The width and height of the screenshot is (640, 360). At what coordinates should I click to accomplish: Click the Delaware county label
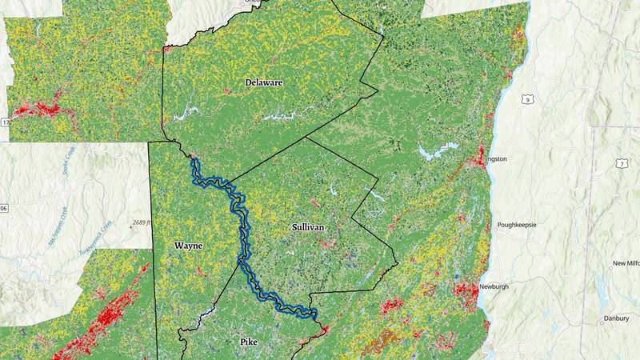point(264,82)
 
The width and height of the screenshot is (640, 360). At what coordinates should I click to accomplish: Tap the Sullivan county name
point(307,227)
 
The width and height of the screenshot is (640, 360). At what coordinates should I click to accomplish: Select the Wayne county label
point(189,246)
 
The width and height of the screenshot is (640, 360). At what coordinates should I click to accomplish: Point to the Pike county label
point(250,342)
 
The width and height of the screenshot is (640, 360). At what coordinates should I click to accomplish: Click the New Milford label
point(626,263)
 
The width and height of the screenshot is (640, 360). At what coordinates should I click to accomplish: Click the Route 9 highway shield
point(526,98)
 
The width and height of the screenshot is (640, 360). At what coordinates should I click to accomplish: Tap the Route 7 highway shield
point(621,163)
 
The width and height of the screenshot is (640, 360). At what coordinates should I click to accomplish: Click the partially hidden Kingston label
point(496,158)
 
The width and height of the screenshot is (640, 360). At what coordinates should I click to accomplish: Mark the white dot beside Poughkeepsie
point(496,226)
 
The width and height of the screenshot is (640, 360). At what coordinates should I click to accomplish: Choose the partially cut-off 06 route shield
point(3,208)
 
